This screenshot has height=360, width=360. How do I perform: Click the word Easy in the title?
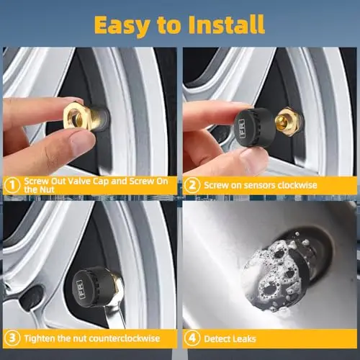point(122,25)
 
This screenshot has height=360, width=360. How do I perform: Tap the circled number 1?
point(12,185)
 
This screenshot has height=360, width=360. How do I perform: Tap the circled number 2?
point(192,185)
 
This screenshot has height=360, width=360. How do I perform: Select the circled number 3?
point(12,338)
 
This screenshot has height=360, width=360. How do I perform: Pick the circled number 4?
point(192,338)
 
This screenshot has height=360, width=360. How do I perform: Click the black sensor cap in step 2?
point(254,127)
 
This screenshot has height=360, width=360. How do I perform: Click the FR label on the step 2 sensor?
point(242,129)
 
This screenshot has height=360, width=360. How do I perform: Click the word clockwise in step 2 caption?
point(297,185)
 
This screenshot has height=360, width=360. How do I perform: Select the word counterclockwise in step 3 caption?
point(123,338)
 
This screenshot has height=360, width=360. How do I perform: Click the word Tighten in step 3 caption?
point(40,338)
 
